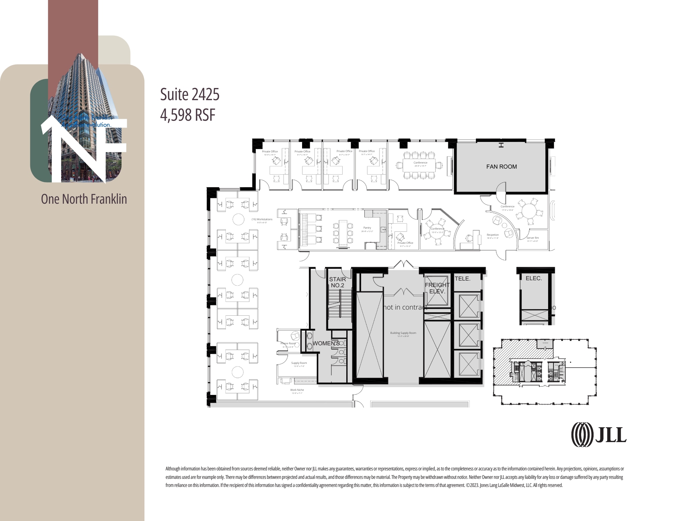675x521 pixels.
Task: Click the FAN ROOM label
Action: point(502,167)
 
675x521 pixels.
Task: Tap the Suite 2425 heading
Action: point(190,94)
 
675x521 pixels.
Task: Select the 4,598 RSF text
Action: point(188,115)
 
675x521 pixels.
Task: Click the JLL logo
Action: point(599,435)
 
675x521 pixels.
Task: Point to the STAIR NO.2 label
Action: point(337,282)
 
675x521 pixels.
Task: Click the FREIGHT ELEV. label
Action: point(437,288)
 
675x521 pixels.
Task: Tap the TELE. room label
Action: point(462,279)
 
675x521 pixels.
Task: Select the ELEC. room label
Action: point(534,278)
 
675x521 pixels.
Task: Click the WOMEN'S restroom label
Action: point(326,343)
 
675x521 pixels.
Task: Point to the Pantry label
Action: point(367,228)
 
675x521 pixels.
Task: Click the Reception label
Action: point(493,235)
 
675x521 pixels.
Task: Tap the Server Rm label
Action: point(533,238)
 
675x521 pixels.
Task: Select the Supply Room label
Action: point(299,363)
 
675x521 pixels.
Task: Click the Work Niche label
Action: point(297,390)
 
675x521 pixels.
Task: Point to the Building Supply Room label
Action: point(403,333)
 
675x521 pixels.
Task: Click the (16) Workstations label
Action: point(262,220)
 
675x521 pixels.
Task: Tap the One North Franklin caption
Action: point(84,199)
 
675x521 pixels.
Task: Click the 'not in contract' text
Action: point(405,307)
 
